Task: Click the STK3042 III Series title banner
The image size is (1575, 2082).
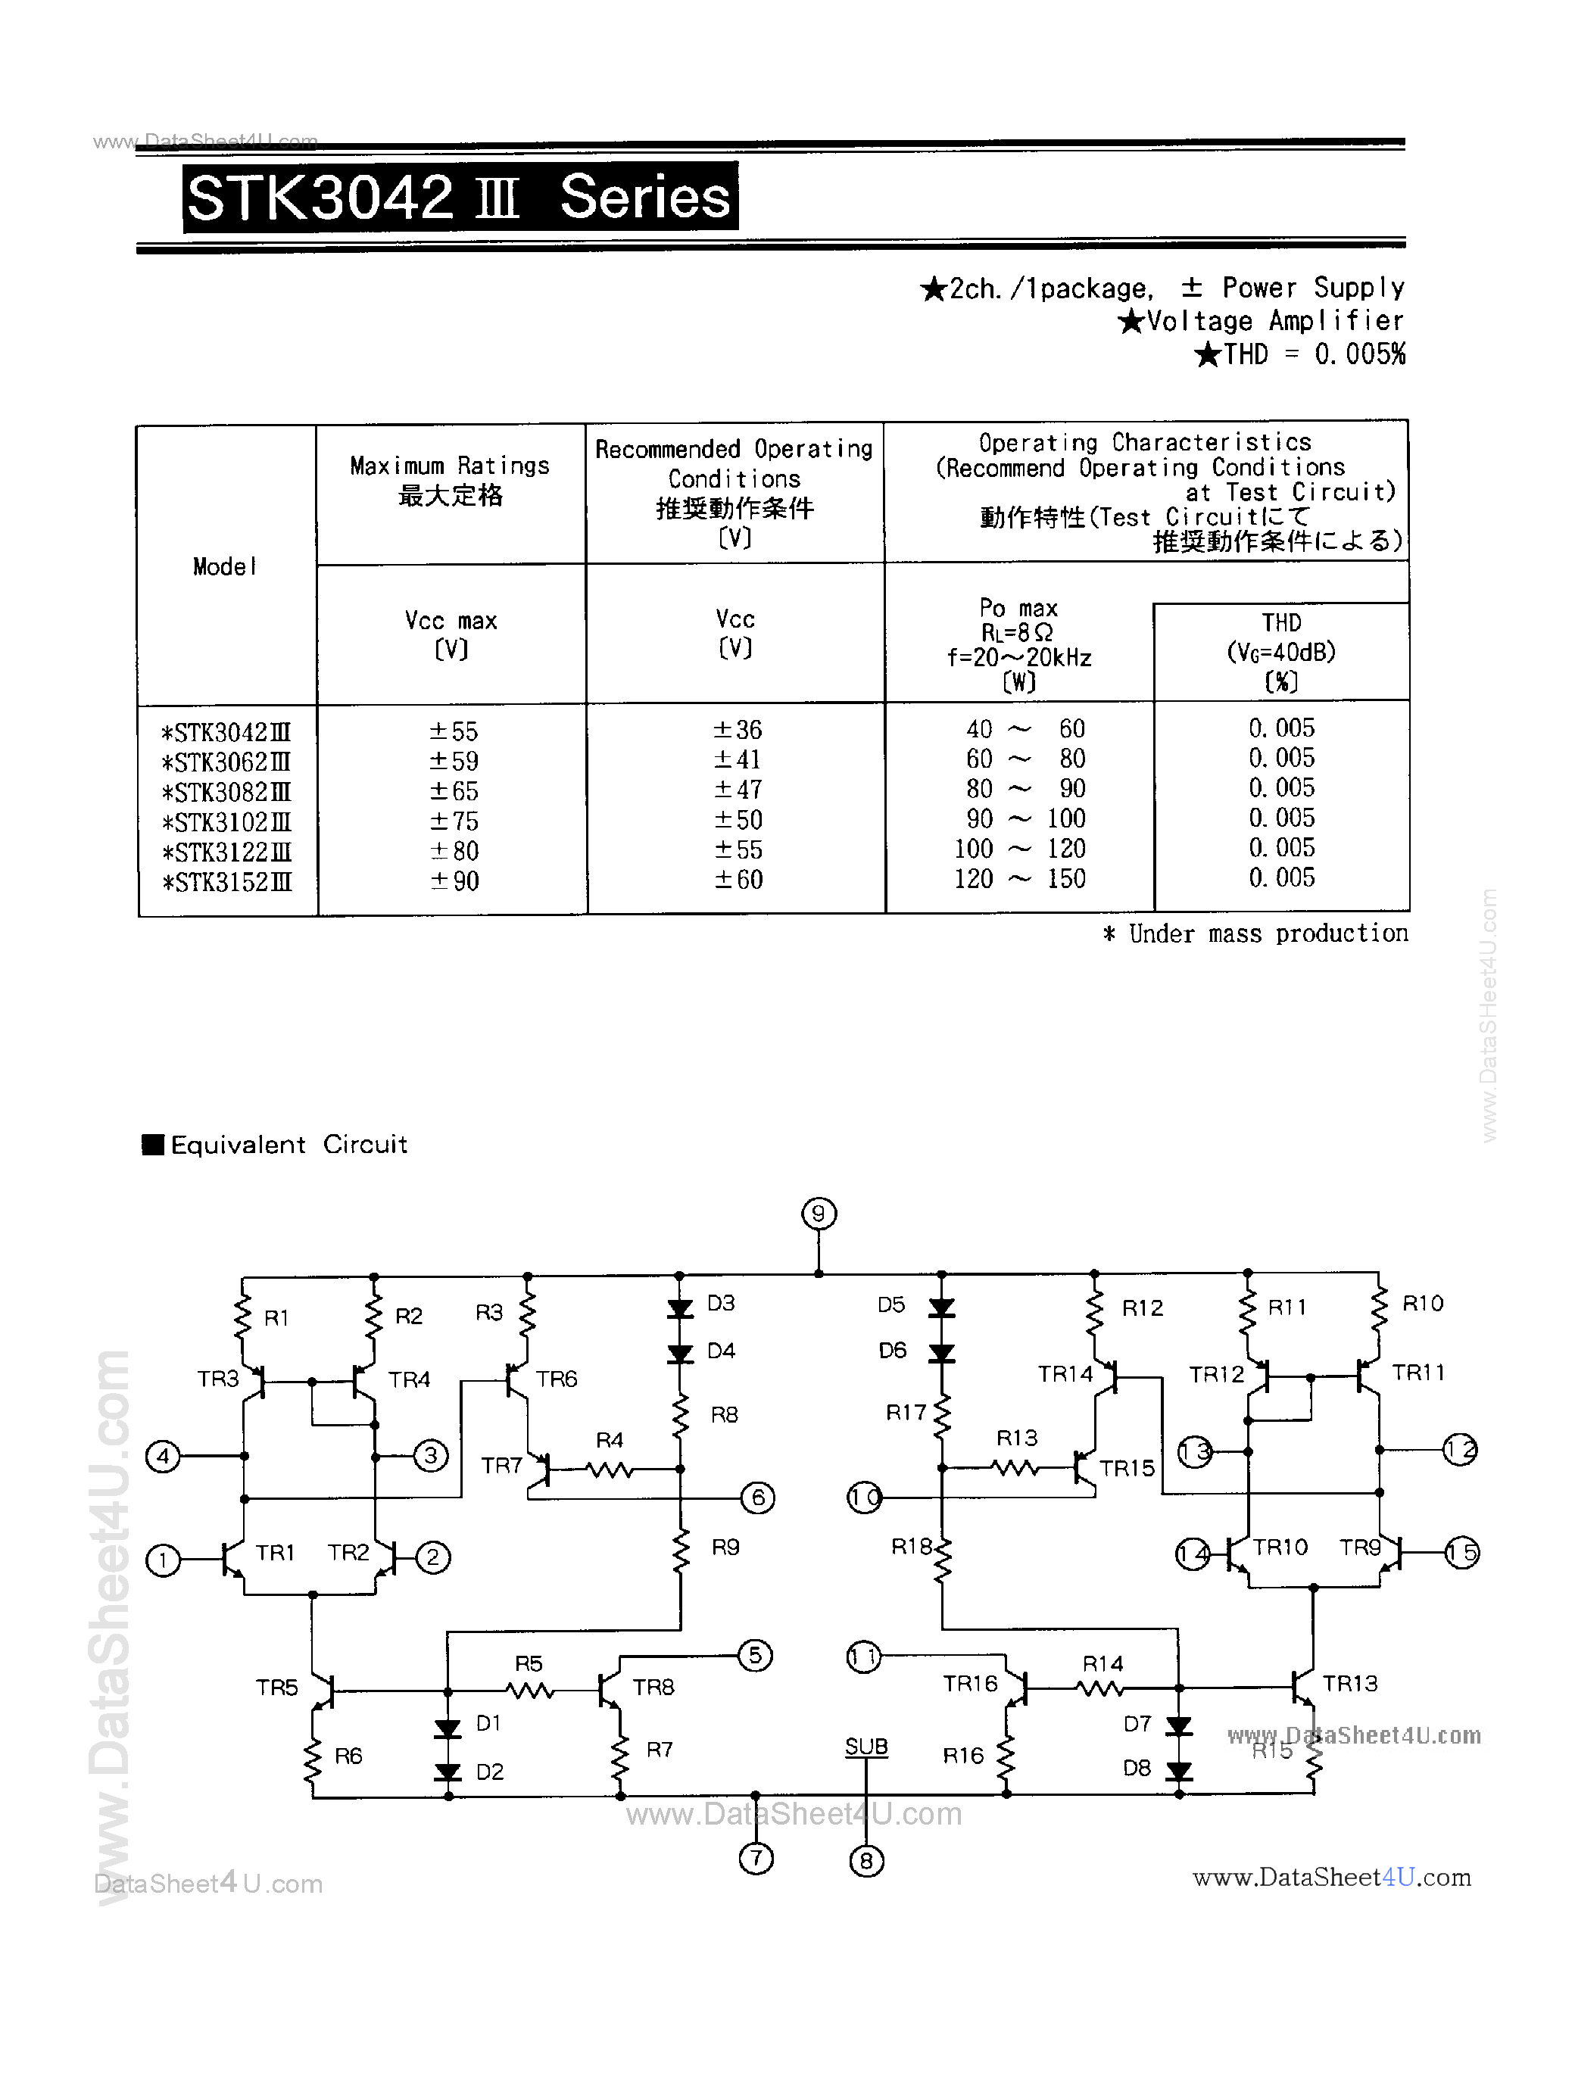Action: (460, 198)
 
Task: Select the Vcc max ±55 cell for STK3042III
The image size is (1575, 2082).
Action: (454, 731)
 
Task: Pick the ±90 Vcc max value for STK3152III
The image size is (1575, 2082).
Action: (454, 881)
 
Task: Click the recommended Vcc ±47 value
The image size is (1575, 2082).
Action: (737, 790)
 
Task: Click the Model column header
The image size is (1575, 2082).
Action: (224, 566)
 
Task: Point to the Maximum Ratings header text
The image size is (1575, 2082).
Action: (449, 466)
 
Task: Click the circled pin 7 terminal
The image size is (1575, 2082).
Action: (756, 1859)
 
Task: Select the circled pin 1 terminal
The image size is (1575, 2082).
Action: (163, 1560)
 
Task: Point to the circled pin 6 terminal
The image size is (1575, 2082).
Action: (758, 1498)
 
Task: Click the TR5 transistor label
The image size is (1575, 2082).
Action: (277, 1688)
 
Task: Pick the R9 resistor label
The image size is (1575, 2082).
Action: (725, 1547)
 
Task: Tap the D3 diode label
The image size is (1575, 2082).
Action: (720, 1303)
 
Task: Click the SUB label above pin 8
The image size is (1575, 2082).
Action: (866, 1746)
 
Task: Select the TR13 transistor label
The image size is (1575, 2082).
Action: (1350, 1683)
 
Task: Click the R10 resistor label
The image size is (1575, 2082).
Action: (1423, 1303)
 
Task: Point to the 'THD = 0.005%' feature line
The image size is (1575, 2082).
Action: (1300, 355)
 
